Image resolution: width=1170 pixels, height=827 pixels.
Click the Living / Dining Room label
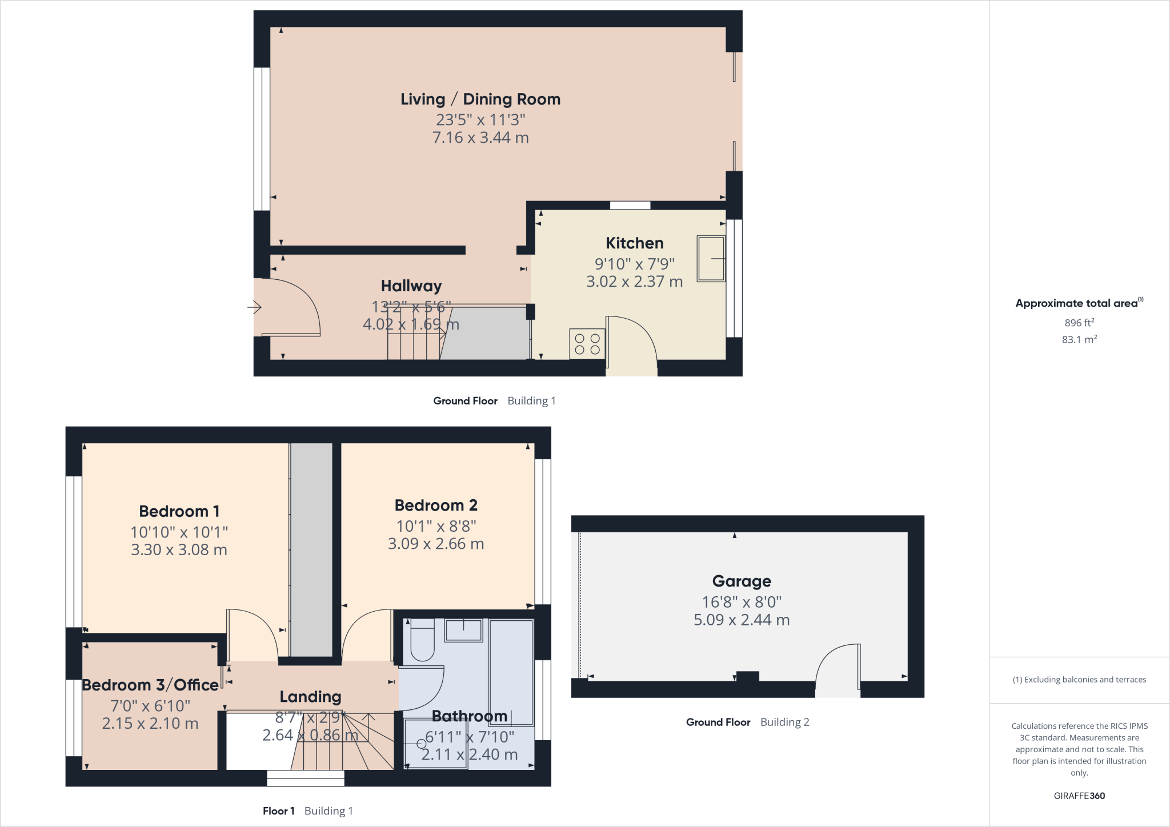click(x=480, y=99)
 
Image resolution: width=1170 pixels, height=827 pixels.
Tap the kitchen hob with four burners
click(x=587, y=344)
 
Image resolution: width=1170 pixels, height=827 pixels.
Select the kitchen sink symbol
click(x=711, y=259)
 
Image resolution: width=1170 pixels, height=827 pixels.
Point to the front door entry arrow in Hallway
click(x=254, y=308)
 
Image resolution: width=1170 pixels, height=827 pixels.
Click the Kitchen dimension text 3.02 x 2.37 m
click(x=634, y=282)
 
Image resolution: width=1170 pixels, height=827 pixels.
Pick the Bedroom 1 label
click(x=179, y=511)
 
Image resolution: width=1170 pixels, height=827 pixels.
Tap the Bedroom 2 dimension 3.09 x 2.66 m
click(x=435, y=544)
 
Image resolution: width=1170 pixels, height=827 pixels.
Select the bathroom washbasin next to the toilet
click(x=464, y=631)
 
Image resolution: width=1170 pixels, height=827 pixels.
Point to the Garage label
click(x=742, y=581)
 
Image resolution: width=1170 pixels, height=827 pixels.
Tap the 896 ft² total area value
click(x=1079, y=323)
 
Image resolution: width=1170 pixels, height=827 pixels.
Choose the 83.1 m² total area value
click(x=1079, y=339)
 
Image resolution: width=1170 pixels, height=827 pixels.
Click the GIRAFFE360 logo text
click(x=1079, y=796)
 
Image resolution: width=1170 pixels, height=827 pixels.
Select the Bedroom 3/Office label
click(x=150, y=685)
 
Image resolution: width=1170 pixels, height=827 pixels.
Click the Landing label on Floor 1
click(x=310, y=697)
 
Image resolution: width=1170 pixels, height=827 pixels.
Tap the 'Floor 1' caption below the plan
click(x=278, y=811)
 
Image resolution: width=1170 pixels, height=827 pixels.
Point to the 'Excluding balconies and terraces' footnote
click(x=1079, y=680)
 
